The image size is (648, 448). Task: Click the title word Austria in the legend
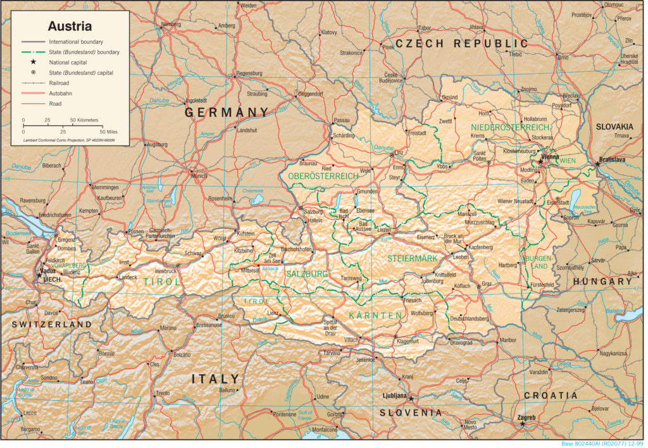pyautogui.click(x=70, y=27)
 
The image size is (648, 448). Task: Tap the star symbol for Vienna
pyautogui.click(x=540, y=162)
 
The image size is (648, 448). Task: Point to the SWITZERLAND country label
pyautogui.click(x=51, y=324)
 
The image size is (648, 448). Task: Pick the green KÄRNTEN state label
pyautogui.click(x=375, y=315)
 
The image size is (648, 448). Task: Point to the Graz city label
pyautogui.click(x=487, y=284)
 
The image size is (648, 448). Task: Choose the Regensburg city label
pyautogui.click(x=249, y=73)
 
